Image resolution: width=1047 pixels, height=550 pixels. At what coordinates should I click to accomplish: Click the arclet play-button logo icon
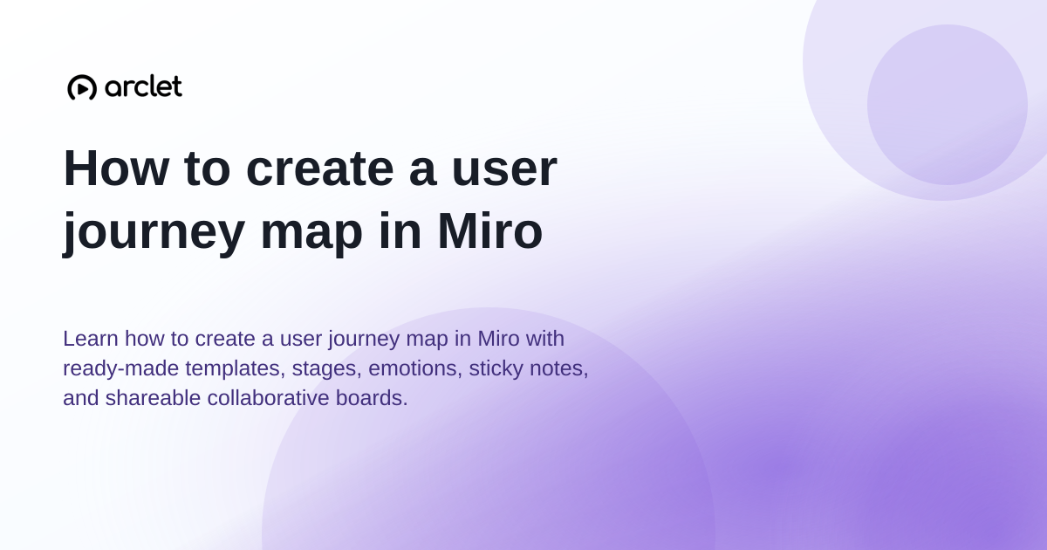(82, 87)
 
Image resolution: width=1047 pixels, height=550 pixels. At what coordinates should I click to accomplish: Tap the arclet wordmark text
(143, 86)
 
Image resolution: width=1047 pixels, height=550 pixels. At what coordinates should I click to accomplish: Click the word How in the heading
(116, 168)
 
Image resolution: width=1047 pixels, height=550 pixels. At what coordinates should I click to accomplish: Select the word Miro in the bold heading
(489, 231)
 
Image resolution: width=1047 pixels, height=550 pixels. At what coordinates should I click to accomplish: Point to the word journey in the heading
(154, 233)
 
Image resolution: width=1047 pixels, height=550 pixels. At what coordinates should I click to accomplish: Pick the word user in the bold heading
(504, 171)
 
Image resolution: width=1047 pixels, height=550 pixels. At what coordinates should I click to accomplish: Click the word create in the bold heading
(319, 169)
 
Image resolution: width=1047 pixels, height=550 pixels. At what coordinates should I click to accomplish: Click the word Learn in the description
(91, 339)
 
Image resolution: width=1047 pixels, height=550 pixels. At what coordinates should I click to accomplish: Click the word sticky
(496, 368)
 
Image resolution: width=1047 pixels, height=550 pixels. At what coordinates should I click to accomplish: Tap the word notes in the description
(558, 369)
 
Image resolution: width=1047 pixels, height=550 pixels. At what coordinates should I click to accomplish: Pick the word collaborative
(269, 398)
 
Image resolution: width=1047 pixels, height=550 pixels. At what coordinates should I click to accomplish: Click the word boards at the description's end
(372, 398)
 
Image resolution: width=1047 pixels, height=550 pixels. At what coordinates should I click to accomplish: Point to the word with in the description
(545, 339)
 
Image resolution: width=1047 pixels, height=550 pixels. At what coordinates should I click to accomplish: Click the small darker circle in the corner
(948, 105)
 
